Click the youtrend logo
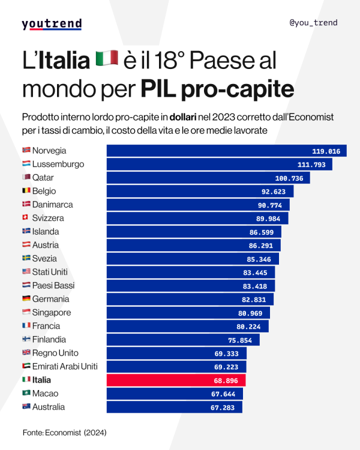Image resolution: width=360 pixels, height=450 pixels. pos(52,24)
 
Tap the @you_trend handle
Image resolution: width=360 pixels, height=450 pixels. pos(313,23)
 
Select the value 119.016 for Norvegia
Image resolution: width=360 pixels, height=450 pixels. pos(326,151)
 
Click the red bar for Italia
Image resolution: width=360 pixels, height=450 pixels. pos(176,380)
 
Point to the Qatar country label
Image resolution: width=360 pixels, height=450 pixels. pos(44,178)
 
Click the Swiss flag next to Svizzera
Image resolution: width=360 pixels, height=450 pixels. pos(26,218)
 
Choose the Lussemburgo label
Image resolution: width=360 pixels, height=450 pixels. pos(58,164)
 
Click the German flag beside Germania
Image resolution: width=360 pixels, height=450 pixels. pos(26,299)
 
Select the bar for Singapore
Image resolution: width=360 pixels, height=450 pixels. pos(188,313)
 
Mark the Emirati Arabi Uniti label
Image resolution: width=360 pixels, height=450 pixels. pos(65,367)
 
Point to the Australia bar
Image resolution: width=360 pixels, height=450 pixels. pos(174,407)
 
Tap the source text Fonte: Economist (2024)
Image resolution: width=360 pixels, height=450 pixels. pos(60,431)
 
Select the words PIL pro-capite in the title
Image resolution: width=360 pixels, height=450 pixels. pos(217,89)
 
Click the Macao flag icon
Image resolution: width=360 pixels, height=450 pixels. pos(26,394)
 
